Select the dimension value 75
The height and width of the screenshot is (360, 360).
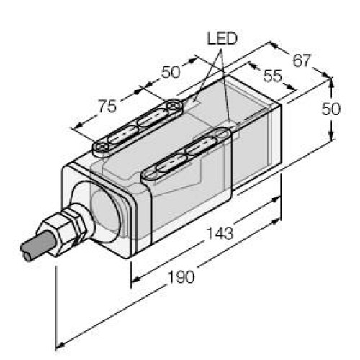click(x=107, y=107)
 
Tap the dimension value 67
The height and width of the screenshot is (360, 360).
click(x=302, y=60)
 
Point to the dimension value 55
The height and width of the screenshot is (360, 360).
click(x=273, y=76)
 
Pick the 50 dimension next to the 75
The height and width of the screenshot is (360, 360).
click(x=170, y=72)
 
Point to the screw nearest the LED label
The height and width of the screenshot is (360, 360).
click(x=173, y=107)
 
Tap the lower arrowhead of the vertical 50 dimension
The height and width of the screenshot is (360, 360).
click(x=330, y=141)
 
